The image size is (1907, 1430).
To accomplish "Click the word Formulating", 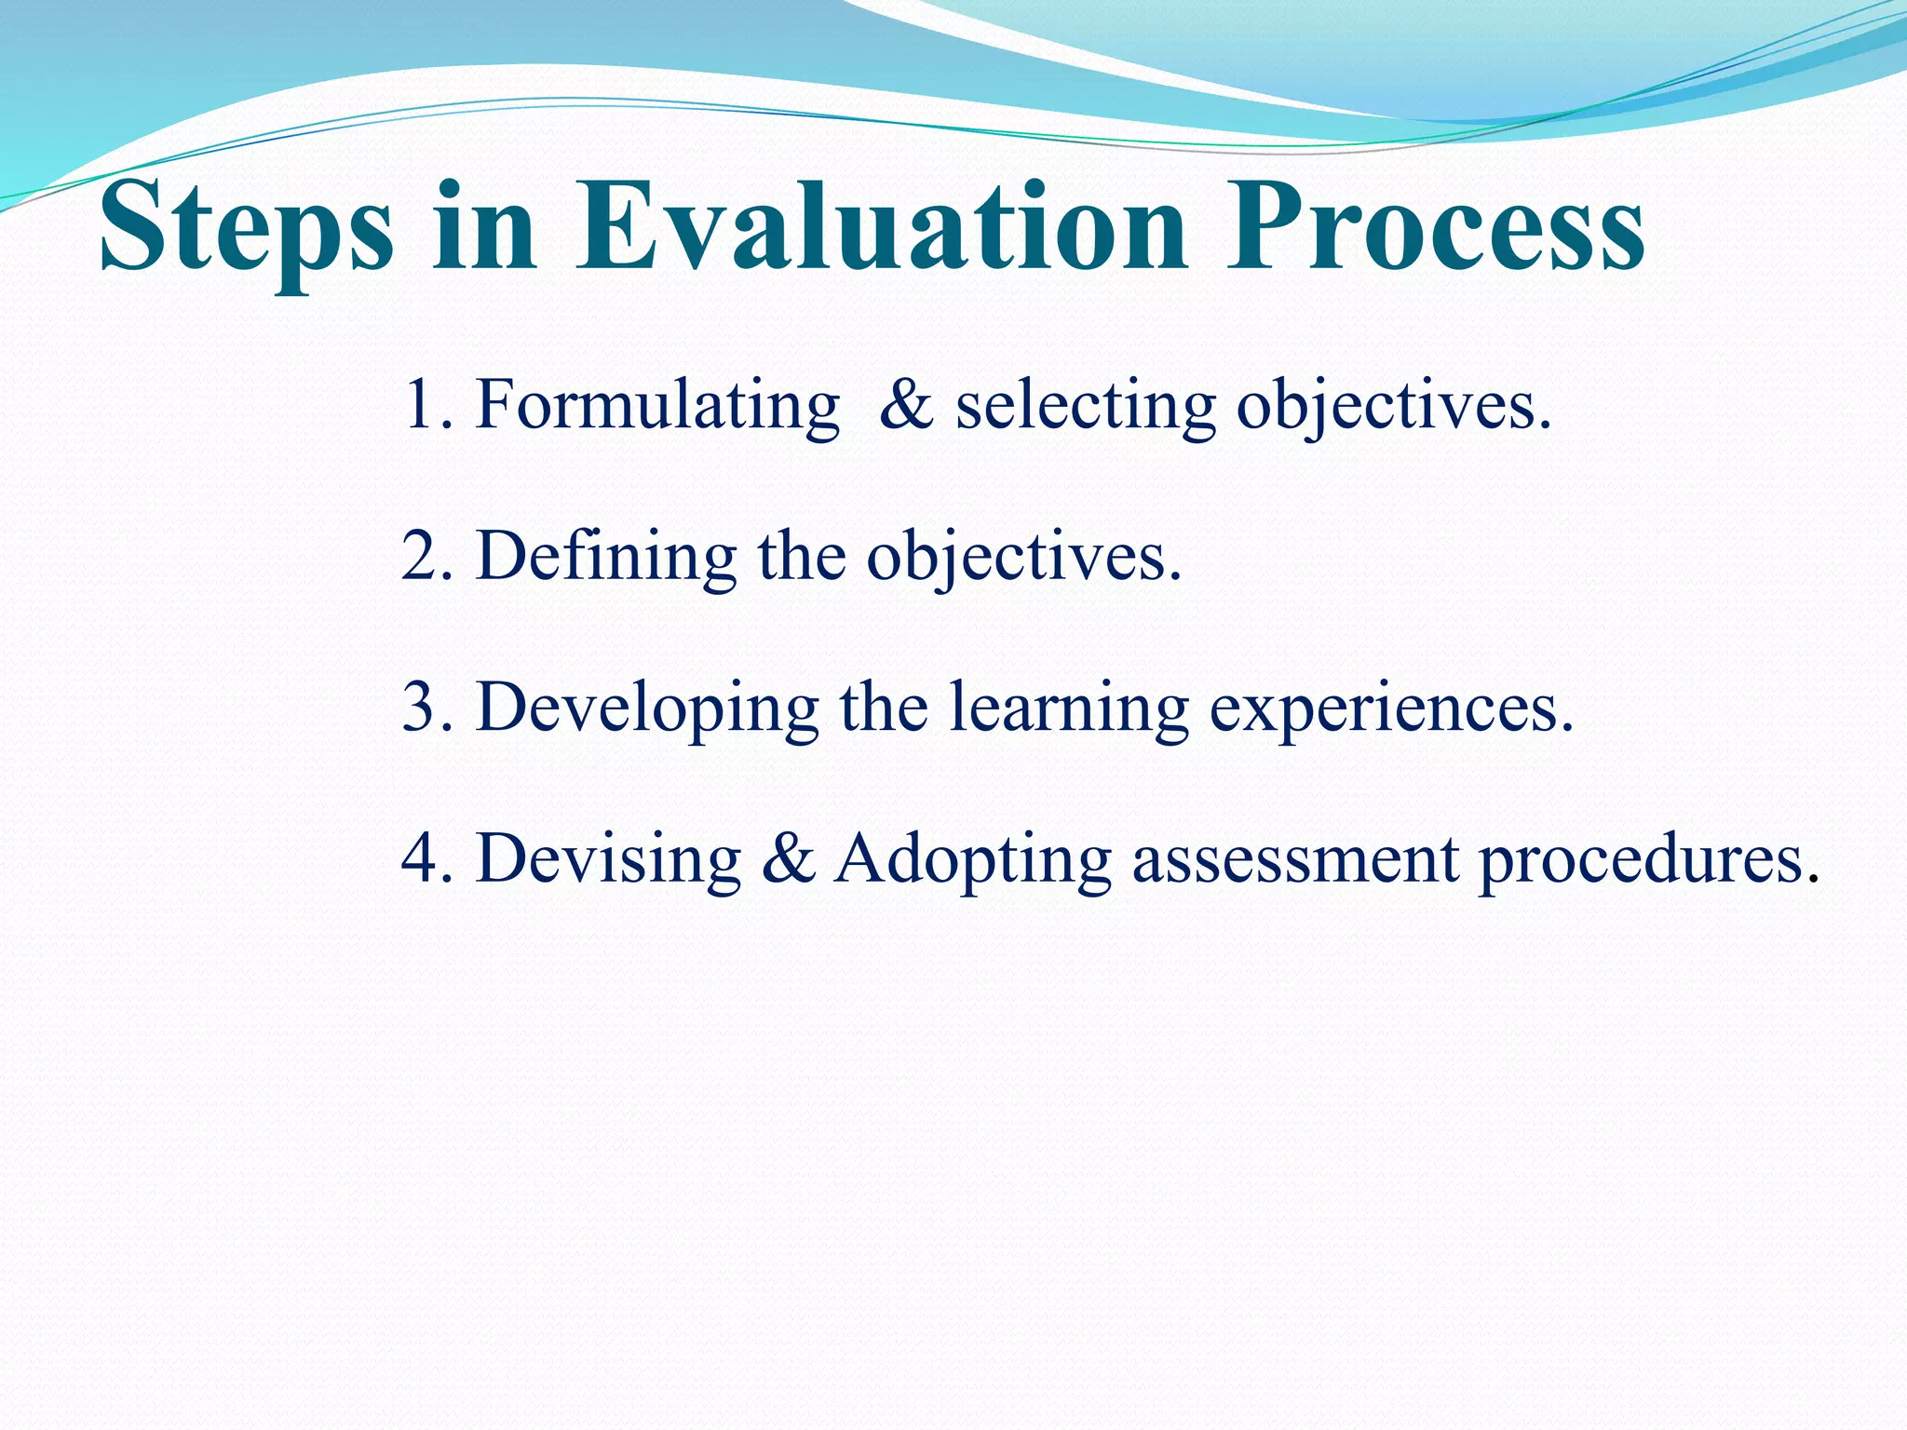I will (657, 406).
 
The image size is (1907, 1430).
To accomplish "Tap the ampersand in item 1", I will (905, 406).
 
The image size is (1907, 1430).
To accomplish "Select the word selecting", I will (1086, 406).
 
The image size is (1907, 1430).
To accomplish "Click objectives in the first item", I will (1393, 406).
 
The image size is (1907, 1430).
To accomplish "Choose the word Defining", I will (606, 557).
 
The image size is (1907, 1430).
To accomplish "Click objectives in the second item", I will (1023, 557).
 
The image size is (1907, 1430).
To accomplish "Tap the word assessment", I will (1295, 858).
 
